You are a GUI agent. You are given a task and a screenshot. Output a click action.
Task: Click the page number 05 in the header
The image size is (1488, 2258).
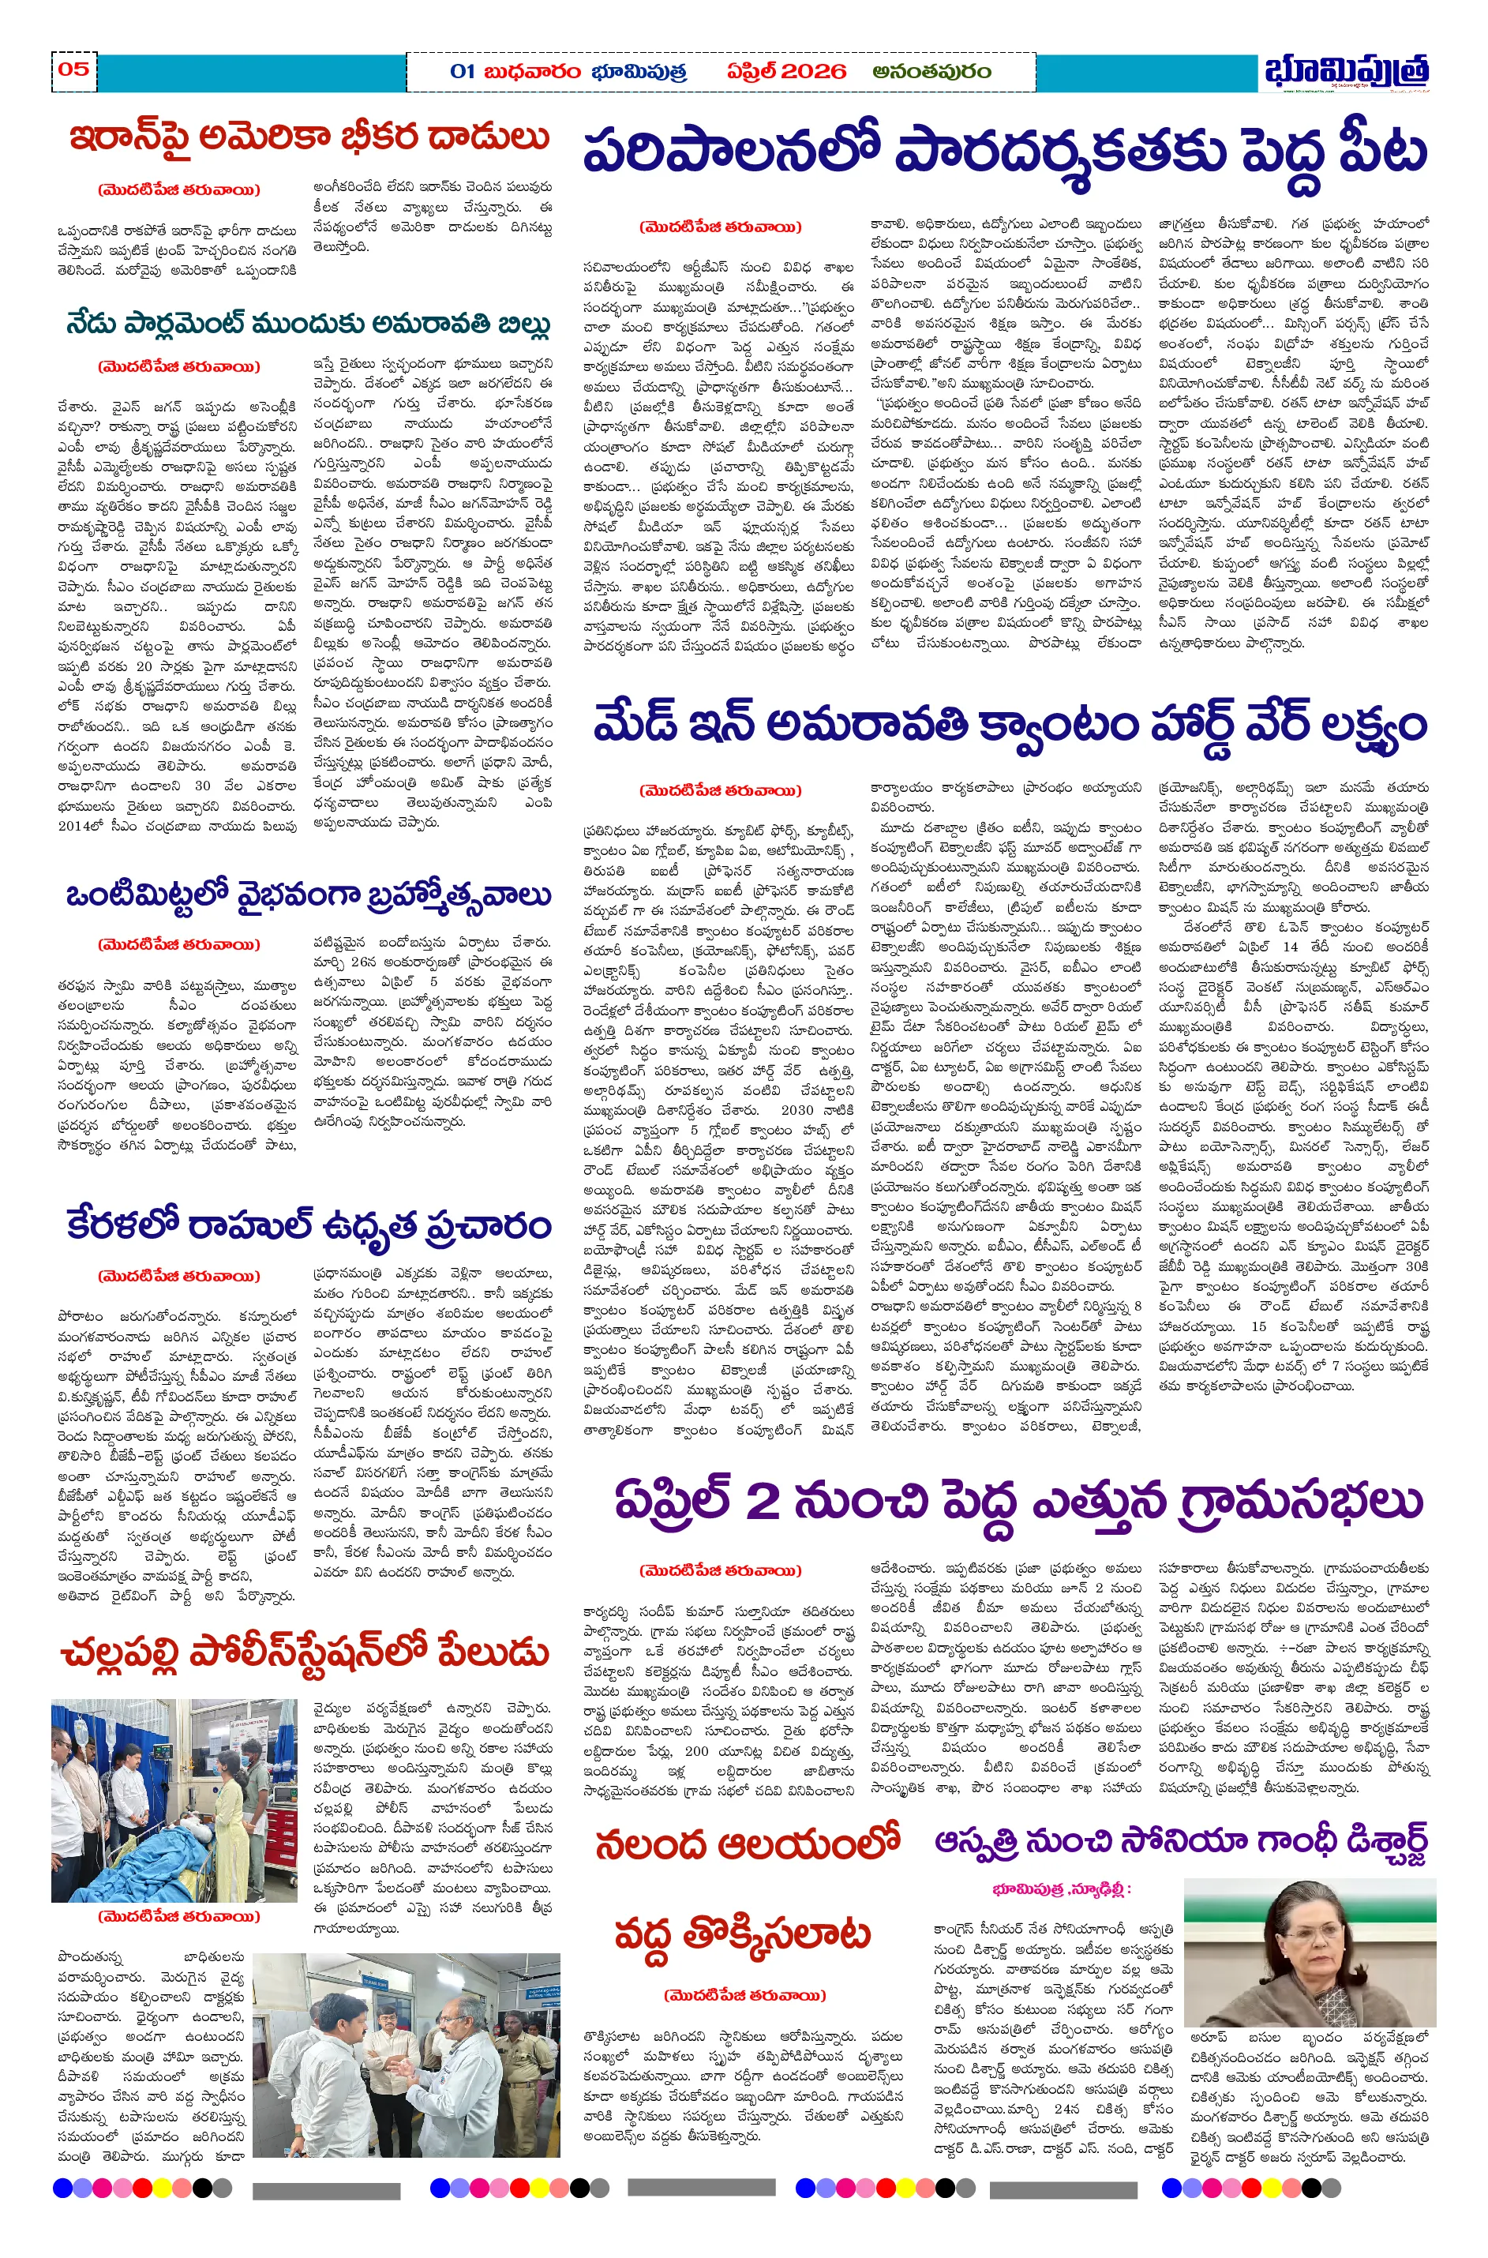[74, 69]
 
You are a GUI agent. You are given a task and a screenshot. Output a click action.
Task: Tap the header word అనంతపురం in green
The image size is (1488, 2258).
[932, 71]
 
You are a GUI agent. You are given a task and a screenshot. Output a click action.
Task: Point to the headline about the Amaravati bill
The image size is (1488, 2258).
[309, 324]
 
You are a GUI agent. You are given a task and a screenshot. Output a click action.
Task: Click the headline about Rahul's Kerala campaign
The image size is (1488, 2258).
[309, 1225]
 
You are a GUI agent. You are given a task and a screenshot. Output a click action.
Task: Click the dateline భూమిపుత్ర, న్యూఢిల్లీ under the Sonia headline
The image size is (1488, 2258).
[1062, 1889]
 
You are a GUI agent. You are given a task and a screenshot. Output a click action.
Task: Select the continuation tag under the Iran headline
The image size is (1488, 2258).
[178, 189]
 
